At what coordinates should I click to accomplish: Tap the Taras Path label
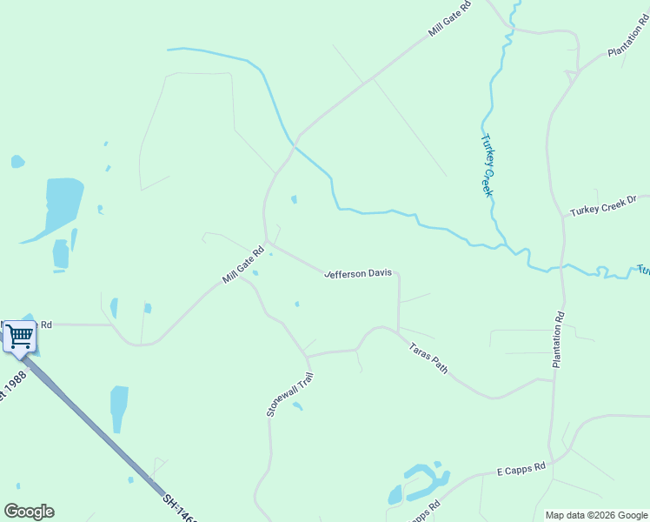click(428, 358)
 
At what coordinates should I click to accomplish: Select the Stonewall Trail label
click(289, 393)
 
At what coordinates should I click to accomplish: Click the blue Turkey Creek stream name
click(487, 164)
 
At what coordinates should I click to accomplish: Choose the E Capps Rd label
click(521, 469)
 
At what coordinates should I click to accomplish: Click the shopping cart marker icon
click(20, 336)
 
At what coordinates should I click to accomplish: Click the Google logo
click(29, 512)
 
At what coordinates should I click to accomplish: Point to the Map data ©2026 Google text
click(595, 515)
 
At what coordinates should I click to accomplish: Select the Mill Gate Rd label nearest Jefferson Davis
click(242, 264)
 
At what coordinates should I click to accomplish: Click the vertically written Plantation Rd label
click(559, 339)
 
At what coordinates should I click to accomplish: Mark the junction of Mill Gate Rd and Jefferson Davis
click(267, 243)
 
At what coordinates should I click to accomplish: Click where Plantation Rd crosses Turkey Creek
click(560, 268)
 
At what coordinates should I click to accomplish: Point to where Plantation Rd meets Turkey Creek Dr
click(562, 216)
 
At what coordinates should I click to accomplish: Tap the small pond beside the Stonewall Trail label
click(297, 405)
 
